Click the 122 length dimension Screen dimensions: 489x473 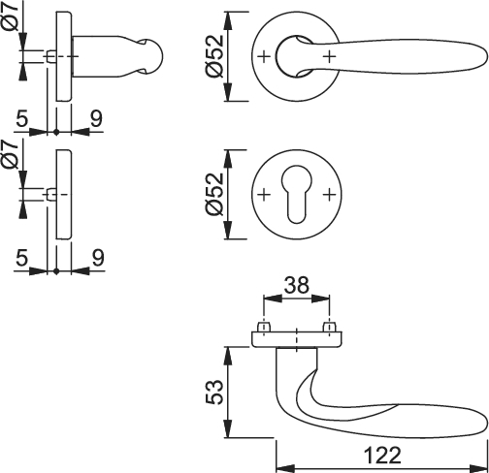382,456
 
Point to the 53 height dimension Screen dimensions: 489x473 214,392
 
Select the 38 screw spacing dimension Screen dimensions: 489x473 297,285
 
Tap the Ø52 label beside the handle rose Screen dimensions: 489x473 214,56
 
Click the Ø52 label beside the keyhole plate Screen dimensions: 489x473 214,194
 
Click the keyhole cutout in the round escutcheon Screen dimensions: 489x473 297,194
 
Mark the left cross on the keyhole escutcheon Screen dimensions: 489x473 264,195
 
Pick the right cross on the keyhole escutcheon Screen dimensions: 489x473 330,195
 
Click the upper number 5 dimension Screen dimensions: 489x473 22,119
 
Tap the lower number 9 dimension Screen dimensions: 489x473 98,258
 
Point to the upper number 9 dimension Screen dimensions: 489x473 96,118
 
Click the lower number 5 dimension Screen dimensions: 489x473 22,258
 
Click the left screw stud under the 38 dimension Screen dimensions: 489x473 264,327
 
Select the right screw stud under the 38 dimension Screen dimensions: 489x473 330,327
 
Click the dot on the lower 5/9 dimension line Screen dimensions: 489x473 56,271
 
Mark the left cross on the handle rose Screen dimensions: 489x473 264,56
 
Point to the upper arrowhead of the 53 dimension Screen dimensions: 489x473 228,356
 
